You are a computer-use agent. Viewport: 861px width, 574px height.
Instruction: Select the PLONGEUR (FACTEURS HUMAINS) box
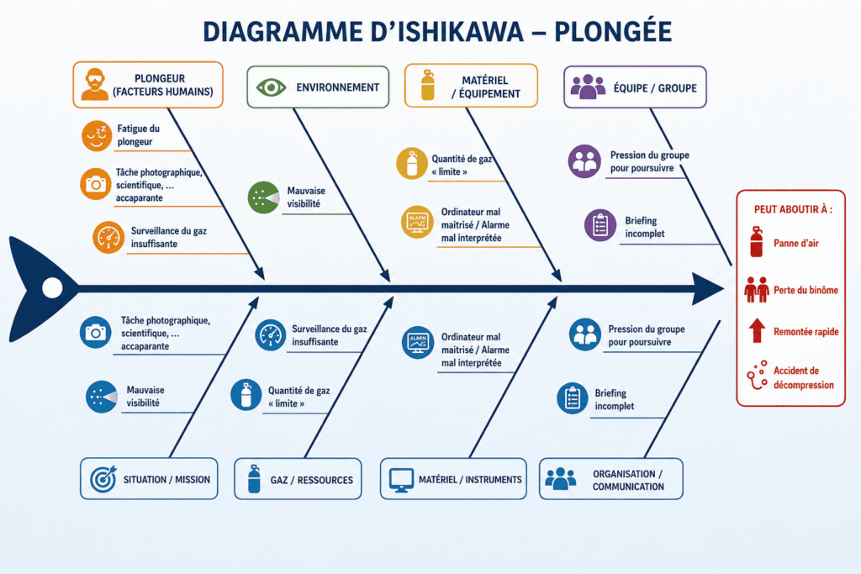click(x=148, y=85)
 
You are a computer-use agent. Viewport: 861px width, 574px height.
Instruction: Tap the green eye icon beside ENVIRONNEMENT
click(x=271, y=87)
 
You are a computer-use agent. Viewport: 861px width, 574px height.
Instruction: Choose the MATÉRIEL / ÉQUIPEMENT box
click(x=471, y=86)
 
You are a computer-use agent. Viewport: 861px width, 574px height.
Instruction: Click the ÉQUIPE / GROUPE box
click(x=636, y=87)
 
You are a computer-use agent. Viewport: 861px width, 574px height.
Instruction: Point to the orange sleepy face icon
click(x=97, y=135)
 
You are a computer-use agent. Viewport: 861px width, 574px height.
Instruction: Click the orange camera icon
click(x=96, y=184)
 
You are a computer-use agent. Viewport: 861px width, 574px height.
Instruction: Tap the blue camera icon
click(x=95, y=332)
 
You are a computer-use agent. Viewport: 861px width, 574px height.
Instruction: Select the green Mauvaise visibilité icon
click(x=263, y=197)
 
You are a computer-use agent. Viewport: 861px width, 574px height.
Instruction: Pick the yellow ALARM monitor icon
click(x=417, y=222)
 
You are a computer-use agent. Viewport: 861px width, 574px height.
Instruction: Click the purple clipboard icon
click(x=600, y=225)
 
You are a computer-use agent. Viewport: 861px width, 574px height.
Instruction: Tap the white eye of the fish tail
click(x=53, y=287)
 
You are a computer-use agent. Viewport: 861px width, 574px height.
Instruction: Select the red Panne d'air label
click(x=796, y=243)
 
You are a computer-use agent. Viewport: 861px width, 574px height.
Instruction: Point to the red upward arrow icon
click(x=758, y=330)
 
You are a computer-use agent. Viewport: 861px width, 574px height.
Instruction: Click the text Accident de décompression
click(x=804, y=377)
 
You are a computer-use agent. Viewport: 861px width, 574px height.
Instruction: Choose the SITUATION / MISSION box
click(x=149, y=478)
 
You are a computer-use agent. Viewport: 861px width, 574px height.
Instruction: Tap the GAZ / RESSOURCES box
click(x=298, y=478)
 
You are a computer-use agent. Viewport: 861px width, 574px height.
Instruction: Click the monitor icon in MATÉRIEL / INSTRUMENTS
click(x=401, y=480)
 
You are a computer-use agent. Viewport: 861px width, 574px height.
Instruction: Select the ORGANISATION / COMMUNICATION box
click(x=611, y=478)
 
